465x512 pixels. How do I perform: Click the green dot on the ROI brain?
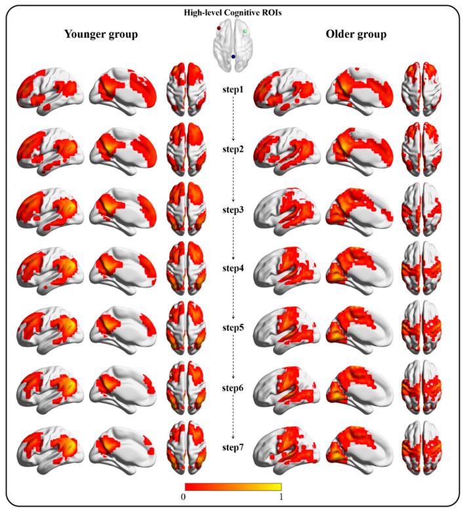tap(245, 31)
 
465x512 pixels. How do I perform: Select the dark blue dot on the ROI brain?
tap(233, 58)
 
